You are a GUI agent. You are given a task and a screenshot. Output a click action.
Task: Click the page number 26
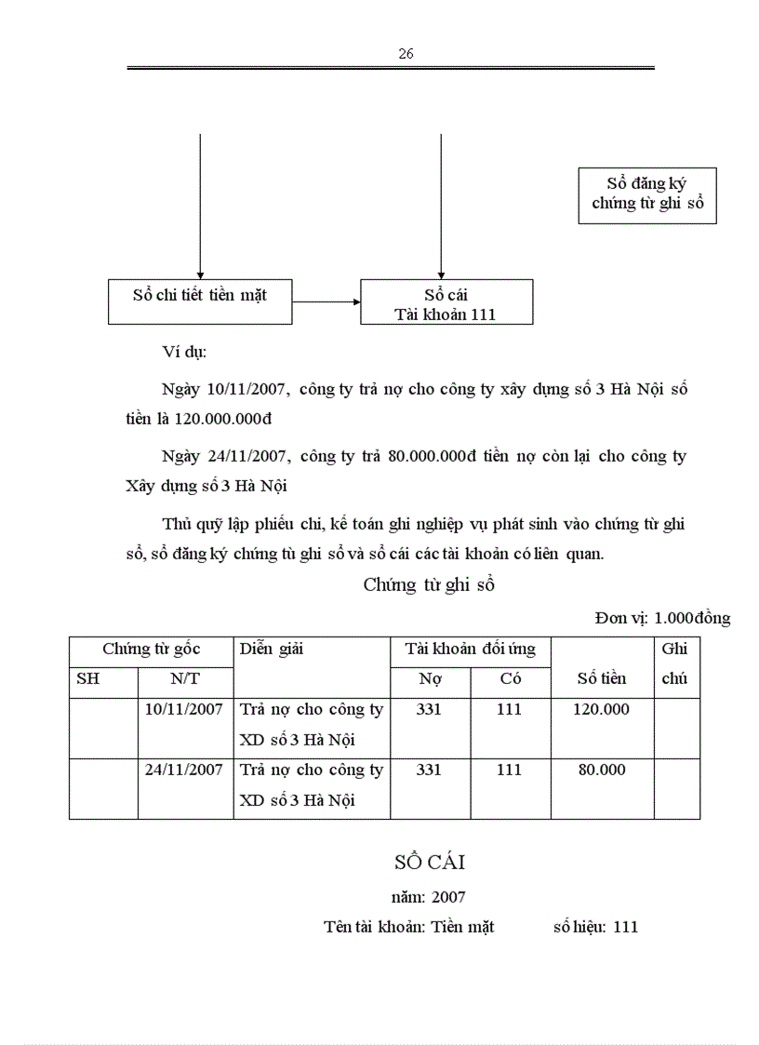[x=406, y=54]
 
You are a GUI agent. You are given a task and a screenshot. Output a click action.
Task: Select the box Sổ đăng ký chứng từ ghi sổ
[x=647, y=194]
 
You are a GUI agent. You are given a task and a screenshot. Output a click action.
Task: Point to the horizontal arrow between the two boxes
[x=326, y=301]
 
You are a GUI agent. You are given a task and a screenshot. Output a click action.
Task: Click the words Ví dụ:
[x=183, y=353]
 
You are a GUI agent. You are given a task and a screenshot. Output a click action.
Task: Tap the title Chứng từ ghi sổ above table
[x=429, y=585]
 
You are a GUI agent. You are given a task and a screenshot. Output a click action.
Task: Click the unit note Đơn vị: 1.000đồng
[x=662, y=618]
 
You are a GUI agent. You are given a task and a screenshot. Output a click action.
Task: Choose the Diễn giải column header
[x=272, y=650]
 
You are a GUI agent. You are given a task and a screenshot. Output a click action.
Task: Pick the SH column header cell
[x=87, y=678]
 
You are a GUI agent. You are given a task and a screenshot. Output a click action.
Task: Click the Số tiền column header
[x=602, y=678]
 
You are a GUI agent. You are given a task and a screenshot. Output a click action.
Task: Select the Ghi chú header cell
[x=675, y=663]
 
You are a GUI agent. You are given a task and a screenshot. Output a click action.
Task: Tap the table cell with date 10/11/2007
[x=184, y=709]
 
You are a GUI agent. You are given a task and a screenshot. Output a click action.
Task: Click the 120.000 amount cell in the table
[x=601, y=709]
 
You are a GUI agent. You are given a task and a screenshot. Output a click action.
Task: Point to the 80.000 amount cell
[x=601, y=770]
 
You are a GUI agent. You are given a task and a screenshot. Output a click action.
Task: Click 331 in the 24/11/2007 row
[x=429, y=770]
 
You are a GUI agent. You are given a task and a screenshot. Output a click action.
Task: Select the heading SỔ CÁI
[x=429, y=863]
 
